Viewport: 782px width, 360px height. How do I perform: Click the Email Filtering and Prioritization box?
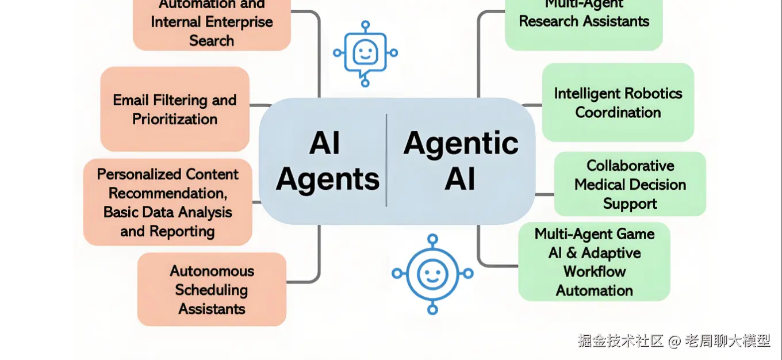[175, 109]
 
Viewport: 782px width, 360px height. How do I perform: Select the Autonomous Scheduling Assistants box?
[212, 289]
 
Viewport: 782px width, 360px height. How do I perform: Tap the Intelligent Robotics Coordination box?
[618, 102]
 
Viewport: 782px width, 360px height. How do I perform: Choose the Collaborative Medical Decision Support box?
[630, 184]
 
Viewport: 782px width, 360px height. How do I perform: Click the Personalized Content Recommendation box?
[167, 202]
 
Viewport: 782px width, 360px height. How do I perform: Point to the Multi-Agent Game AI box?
[594, 262]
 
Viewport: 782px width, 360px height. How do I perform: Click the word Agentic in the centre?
[461, 143]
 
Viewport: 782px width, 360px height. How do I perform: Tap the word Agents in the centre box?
[328, 179]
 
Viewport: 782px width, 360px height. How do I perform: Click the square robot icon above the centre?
[365, 53]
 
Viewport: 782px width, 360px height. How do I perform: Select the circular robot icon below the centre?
[432, 274]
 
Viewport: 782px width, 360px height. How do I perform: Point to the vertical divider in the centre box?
[386, 160]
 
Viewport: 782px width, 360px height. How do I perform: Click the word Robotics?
[646, 94]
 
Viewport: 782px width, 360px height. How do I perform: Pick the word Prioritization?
[175, 120]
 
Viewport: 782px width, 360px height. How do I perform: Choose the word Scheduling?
[212, 290]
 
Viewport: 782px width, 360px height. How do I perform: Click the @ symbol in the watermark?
[674, 341]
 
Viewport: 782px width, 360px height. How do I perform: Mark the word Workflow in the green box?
[594, 271]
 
